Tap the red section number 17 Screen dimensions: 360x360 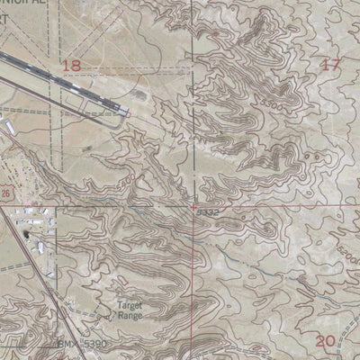pyautogui.click(x=331, y=64)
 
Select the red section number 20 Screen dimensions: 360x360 pyautogui.click(x=326, y=339)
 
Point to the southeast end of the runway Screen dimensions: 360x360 pyautogui.click(x=126, y=113)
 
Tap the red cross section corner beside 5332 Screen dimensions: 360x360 pyautogui.click(x=193, y=206)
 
